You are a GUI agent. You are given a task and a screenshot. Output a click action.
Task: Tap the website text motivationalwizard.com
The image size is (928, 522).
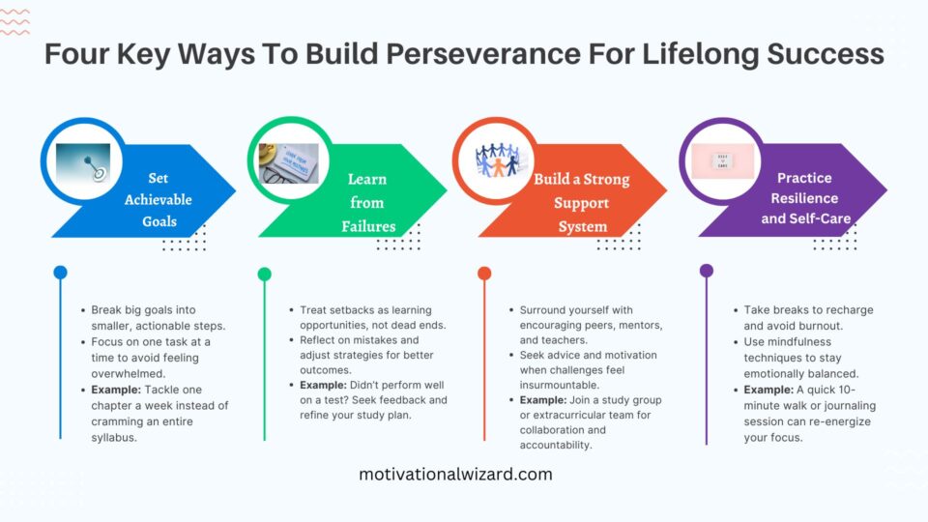[x=455, y=474]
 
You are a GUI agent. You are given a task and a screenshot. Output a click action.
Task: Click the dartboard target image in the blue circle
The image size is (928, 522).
[x=83, y=162]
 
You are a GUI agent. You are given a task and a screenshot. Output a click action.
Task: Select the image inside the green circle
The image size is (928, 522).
[x=288, y=162]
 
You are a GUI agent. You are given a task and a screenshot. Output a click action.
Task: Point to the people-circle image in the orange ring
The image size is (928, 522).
[x=498, y=160]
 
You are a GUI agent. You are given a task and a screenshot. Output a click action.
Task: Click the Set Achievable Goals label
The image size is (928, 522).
[x=158, y=200]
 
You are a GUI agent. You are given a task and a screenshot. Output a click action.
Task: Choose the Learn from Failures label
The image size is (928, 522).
[x=367, y=203]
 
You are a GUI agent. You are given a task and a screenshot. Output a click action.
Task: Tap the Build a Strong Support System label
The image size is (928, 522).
[x=581, y=203]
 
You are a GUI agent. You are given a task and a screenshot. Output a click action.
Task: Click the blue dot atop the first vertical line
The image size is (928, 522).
[x=60, y=273]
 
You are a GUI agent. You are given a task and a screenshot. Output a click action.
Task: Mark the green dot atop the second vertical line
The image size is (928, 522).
[x=264, y=274]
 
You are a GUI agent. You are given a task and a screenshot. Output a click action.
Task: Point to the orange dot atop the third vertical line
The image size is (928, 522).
[x=484, y=274]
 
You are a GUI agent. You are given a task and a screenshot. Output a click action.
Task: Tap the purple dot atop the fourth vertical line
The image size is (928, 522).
[x=706, y=271]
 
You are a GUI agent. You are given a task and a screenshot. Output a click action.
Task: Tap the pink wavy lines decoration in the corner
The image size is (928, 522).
[x=16, y=20]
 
